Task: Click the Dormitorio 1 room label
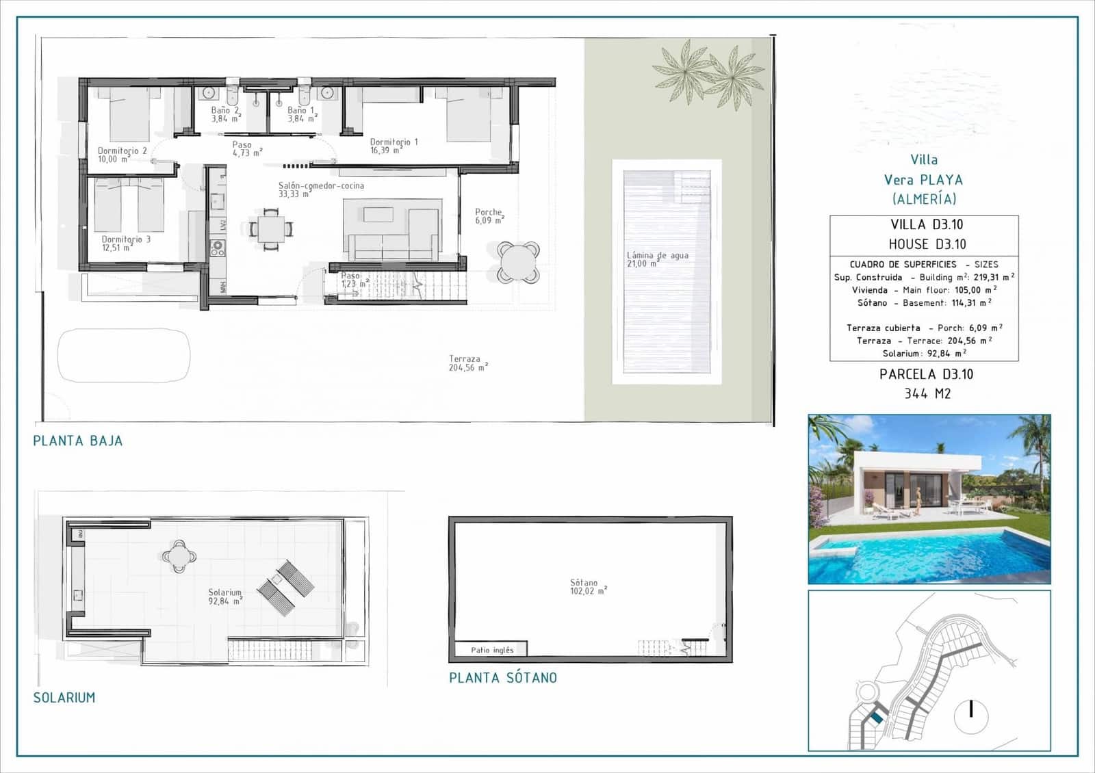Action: point(393,146)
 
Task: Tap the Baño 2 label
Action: point(225,114)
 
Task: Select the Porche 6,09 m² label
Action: point(489,216)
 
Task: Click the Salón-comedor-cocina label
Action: point(321,189)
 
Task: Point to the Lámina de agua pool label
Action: point(657,259)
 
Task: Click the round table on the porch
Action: point(518,261)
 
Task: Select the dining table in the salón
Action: point(271,228)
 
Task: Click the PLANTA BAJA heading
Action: point(78,441)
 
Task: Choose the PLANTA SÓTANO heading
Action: point(503,678)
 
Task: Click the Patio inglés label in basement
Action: point(491,650)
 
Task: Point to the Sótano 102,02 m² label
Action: point(588,587)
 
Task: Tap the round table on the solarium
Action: point(179,556)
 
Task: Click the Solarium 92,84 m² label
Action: point(224,597)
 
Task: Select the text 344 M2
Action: point(927,393)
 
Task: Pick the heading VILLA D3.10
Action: point(927,224)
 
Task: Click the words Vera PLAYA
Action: point(923,180)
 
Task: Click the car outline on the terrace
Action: point(124,355)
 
